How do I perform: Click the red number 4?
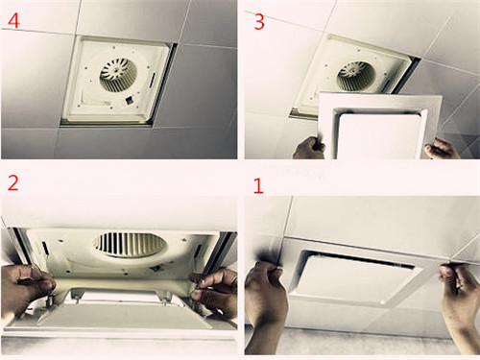click(x=13, y=21)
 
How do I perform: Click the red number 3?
click(x=259, y=22)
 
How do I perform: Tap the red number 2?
click(x=12, y=183)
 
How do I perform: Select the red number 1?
click(x=258, y=186)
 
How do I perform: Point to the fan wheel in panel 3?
click(x=355, y=77)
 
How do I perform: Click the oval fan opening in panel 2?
click(x=131, y=245)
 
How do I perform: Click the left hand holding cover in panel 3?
click(x=309, y=148)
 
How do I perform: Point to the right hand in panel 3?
click(x=442, y=149)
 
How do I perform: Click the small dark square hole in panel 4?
click(x=130, y=101)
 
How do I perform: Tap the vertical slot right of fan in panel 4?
click(x=153, y=80)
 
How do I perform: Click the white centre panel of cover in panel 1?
click(x=355, y=276)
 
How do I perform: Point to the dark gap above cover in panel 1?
click(x=362, y=259)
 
